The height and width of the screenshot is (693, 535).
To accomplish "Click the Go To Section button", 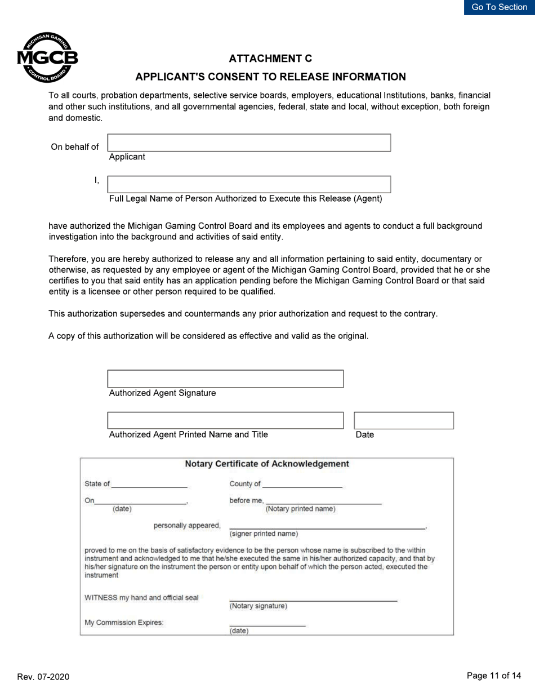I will (499, 7).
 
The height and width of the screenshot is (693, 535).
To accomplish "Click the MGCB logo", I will (47, 57).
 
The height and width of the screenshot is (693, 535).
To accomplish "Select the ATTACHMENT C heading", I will (270, 59).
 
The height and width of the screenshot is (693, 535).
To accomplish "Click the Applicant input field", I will (249, 143).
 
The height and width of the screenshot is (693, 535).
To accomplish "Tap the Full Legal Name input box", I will (249, 184).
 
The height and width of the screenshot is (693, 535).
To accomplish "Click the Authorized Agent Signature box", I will (225, 379).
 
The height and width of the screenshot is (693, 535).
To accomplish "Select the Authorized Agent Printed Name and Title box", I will (225, 420).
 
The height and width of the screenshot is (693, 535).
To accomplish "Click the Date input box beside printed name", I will (404, 420).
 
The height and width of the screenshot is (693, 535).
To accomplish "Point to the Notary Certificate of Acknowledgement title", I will (267, 464).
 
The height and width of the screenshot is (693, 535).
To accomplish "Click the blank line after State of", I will (149, 484).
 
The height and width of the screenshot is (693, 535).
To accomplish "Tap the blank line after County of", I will (302, 484).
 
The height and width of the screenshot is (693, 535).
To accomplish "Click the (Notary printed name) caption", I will (300, 509).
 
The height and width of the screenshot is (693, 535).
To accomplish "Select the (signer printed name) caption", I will (264, 534).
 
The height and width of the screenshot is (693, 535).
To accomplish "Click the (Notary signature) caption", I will (258, 606).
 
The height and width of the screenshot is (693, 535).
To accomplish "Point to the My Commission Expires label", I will (124, 623).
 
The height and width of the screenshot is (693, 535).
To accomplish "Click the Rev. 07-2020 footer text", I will (43, 677).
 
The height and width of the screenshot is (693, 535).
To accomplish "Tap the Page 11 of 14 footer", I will (494, 676).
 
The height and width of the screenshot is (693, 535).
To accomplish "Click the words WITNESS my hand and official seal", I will (141, 598).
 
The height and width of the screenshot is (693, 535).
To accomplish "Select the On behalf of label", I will (75, 147).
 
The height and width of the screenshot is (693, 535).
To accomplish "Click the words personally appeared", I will (187, 526).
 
